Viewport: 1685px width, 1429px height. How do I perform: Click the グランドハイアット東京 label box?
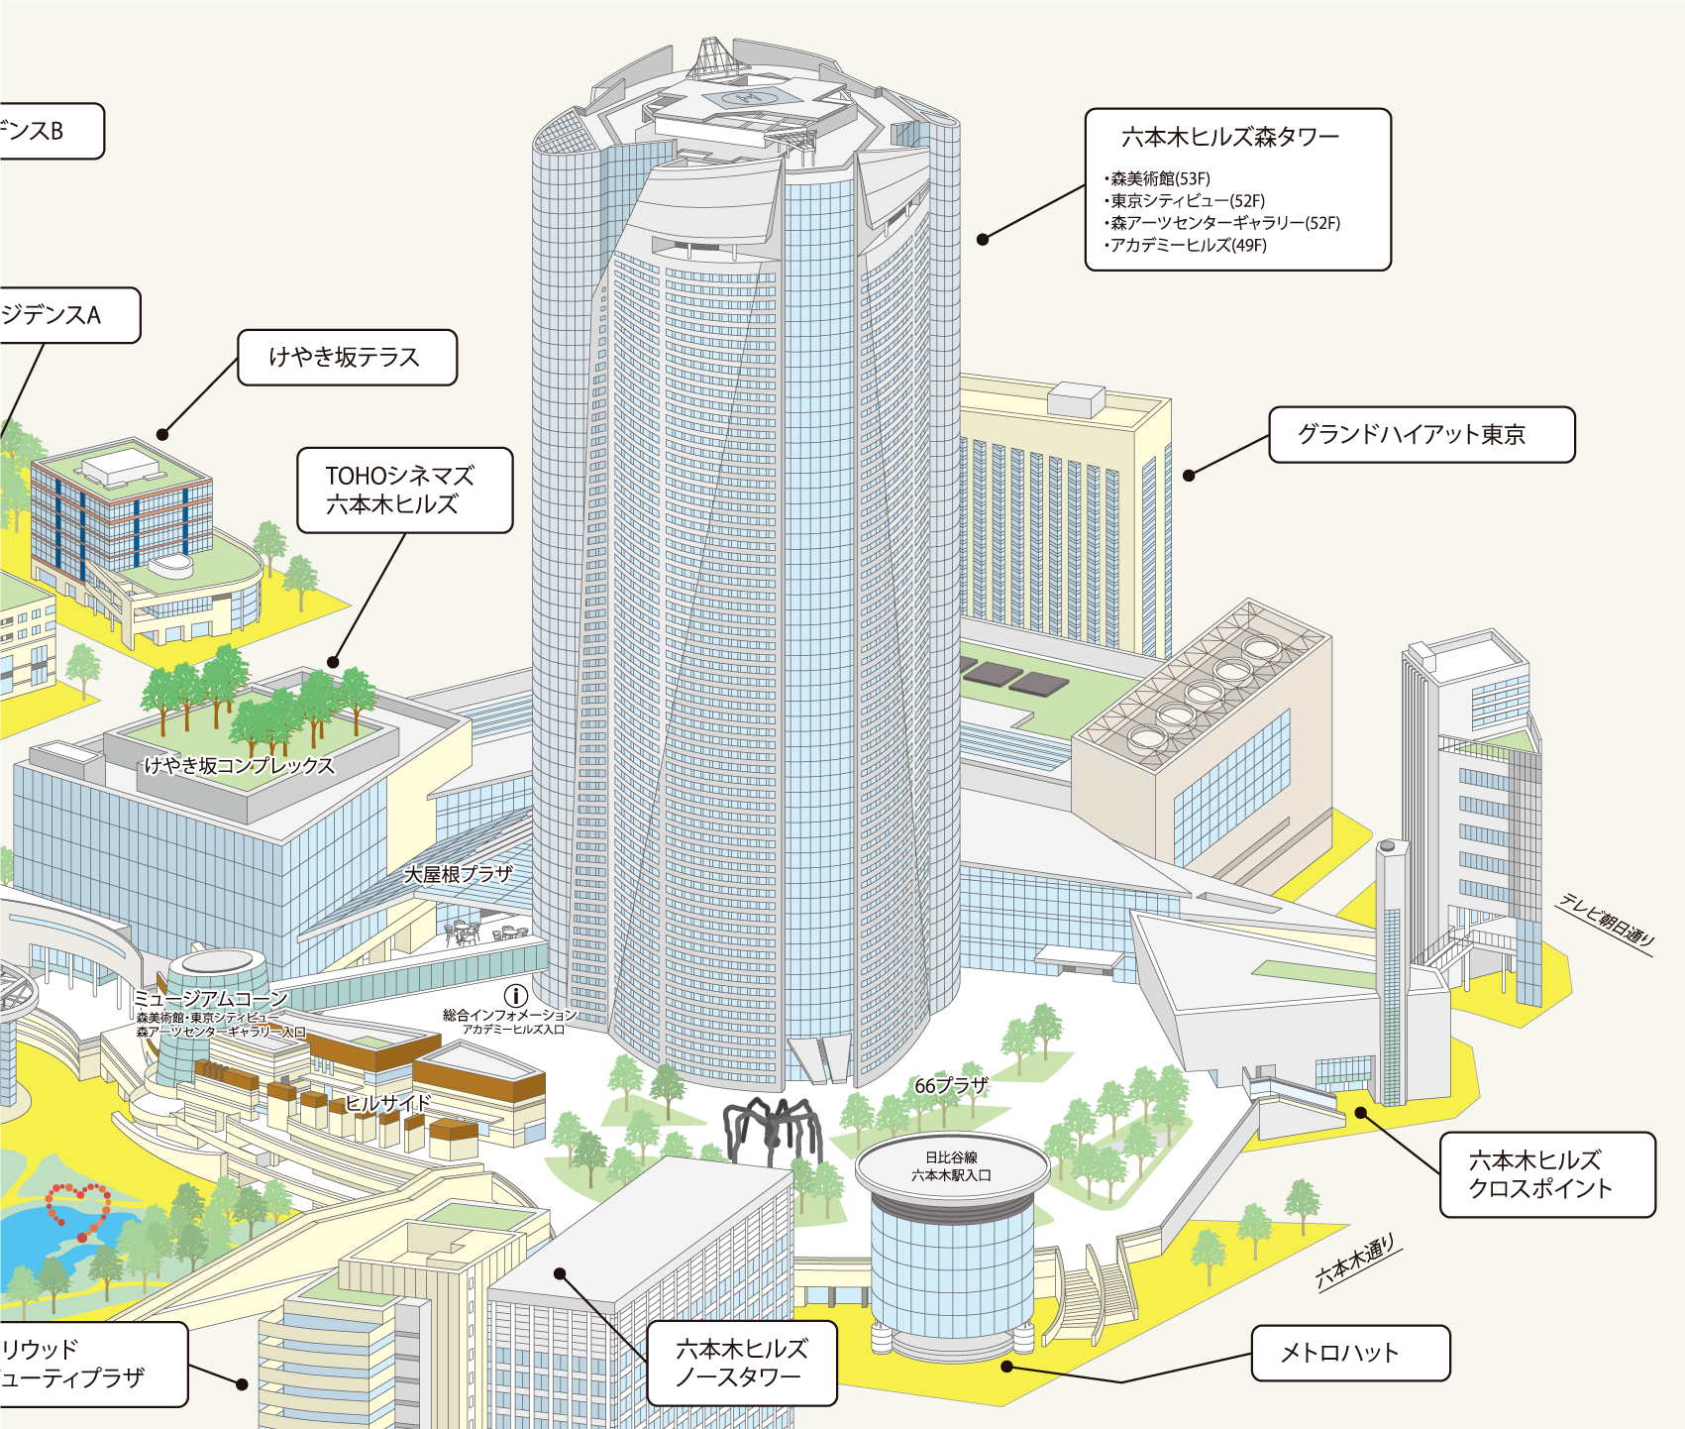pyautogui.click(x=1421, y=434)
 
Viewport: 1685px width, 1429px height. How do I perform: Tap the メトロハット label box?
pyautogui.click(x=1350, y=1353)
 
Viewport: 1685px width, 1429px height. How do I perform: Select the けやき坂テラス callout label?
pyautogui.click(x=347, y=357)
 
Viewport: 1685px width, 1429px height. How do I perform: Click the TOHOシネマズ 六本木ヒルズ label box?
pyautogui.click(x=404, y=490)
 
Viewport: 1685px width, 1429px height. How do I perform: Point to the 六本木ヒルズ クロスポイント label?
pyautogui.click(x=1546, y=1174)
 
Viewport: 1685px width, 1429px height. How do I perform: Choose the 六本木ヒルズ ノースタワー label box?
pyautogui.click(x=741, y=1363)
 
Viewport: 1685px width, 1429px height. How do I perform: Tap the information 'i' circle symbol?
pyautogui.click(x=515, y=995)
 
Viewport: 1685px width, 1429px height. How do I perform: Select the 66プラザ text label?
pyautogui.click(x=951, y=1086)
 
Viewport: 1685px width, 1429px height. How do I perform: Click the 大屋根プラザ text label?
pyautogui.click(x=459, y=874)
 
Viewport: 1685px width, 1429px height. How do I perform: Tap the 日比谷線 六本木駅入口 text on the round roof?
pyautogui.click(x=951, y=1166)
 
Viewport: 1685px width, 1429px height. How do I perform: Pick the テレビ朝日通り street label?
pyautogui.click(x=1606, y=919)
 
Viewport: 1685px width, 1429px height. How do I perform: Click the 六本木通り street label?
pyautogui.click(x=1355, y=1262)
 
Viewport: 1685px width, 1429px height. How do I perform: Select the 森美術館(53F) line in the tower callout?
pyautogui.click(x=1160, y=178)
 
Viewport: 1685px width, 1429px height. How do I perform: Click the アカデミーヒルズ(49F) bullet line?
pyautogui.click(x=1188, y=245)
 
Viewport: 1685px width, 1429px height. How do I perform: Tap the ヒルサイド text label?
pyautogui.click(x=388, y=1103)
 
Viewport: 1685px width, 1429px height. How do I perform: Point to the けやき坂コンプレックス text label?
pyautogui.click(x=239, y=765)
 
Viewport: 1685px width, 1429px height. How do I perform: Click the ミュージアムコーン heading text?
pyautogui.click(x=210, y=999)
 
